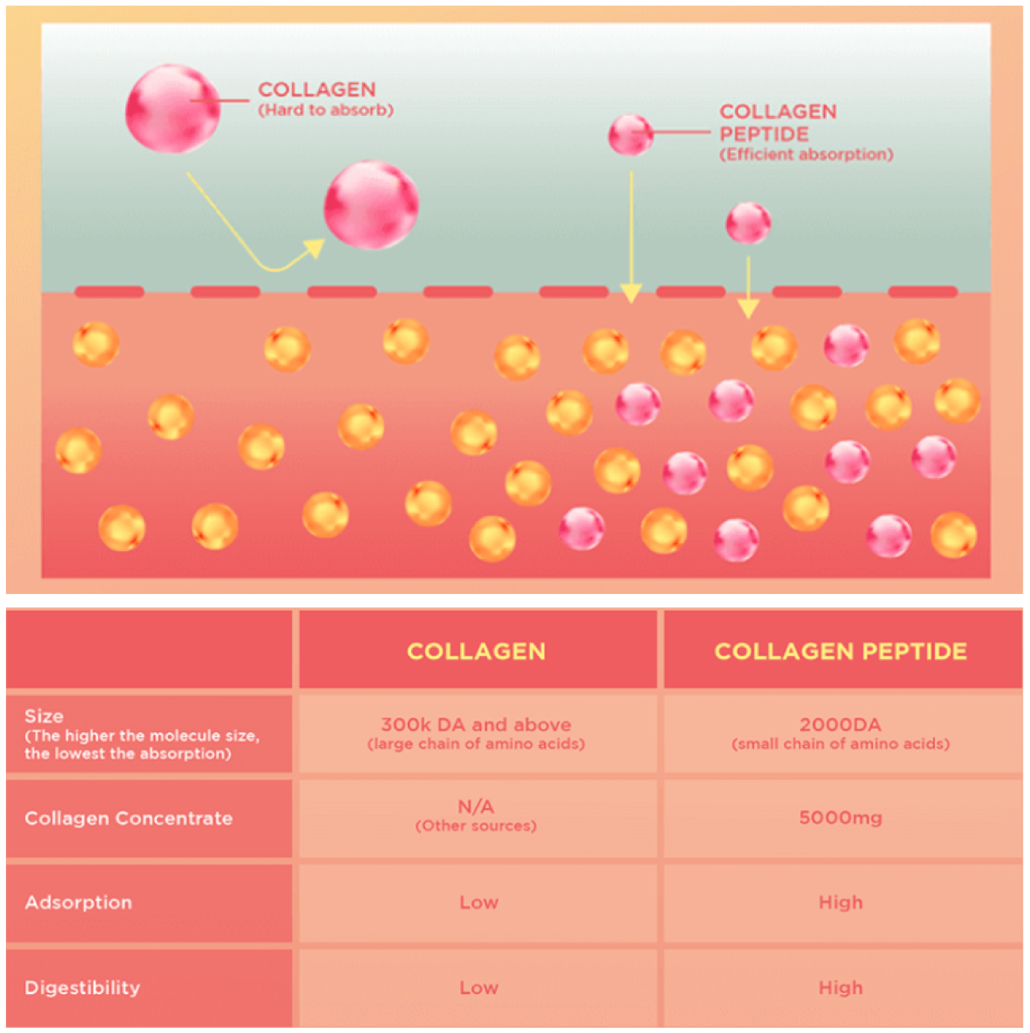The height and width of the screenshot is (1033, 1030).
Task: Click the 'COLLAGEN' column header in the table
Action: click(476, 651)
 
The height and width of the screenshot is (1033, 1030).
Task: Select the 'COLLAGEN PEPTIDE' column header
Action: click(840, 651)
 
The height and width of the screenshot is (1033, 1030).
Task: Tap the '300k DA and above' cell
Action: click(476, 724)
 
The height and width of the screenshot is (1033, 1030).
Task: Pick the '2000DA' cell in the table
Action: click(840, 724)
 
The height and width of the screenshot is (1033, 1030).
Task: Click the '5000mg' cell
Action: click(840, 818)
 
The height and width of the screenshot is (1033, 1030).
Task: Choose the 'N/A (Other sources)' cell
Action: click(476, 816)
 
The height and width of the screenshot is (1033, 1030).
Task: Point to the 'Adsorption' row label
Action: click(78, 902)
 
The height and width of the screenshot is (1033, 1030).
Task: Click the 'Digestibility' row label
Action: click(82, 988)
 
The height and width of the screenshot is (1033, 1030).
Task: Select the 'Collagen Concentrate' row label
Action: click(129, 818)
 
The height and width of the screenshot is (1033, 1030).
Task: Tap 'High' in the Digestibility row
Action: click(840, 988)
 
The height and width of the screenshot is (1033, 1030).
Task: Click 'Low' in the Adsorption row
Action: click(478, 902)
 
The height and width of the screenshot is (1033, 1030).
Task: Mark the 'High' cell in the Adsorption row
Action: click(840, 902)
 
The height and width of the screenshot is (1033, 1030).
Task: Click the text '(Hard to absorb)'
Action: click(326, 110)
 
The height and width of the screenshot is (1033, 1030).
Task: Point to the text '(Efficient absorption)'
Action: click(806, 154)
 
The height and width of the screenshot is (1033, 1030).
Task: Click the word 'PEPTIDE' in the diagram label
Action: click(764, 134)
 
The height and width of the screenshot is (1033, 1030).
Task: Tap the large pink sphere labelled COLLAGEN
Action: click(173, 109)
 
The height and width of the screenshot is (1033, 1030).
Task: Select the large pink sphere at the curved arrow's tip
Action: click(371, 205)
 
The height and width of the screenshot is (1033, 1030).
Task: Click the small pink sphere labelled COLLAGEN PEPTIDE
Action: click(631, 134)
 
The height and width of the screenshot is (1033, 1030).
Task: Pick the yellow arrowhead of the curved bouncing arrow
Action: click(314, 249)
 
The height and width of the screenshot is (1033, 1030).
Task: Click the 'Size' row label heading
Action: click(44, 716)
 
